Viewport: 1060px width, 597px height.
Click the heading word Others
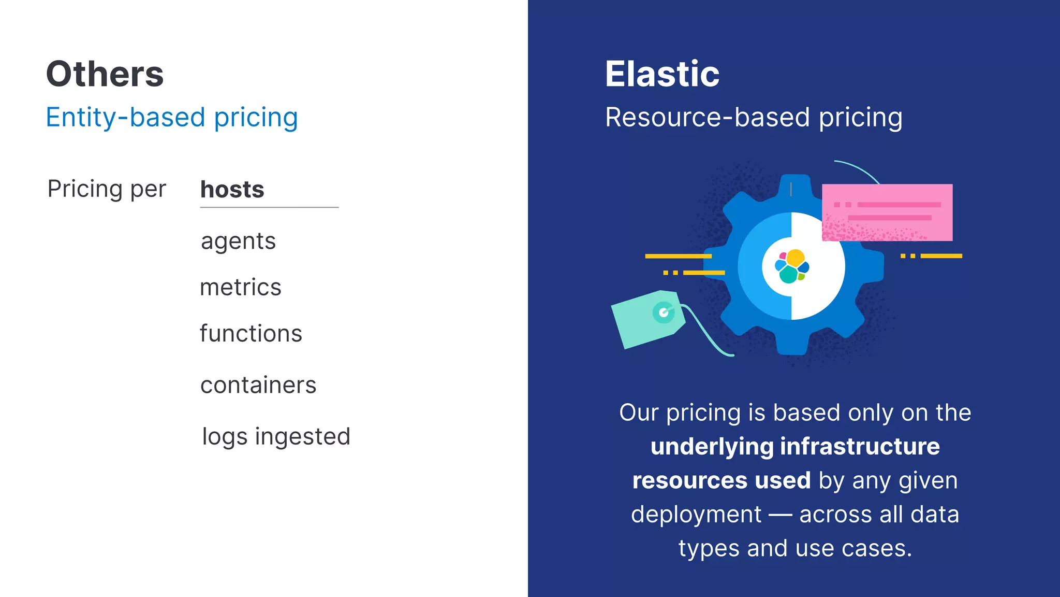pos(105,74)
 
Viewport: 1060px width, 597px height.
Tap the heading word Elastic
pos(662,74)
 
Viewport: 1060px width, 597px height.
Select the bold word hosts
pos(232,189)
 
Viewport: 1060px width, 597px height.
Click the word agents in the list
pos(238,241)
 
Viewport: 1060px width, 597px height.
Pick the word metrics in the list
pos(241,287)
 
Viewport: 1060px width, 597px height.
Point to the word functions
pos(251,333)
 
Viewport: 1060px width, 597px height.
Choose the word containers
pos(258,385)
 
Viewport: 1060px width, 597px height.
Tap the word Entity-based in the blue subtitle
pos(126,118)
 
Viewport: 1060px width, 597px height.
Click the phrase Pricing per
pos(107,189)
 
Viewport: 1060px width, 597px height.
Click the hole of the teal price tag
pos(664,312)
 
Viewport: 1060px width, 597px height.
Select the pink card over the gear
pos(887,212)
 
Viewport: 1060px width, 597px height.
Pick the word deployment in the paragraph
pos(696,515)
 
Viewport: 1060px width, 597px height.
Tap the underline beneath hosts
pos(269,207)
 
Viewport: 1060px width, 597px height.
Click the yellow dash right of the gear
pos(940,256)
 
